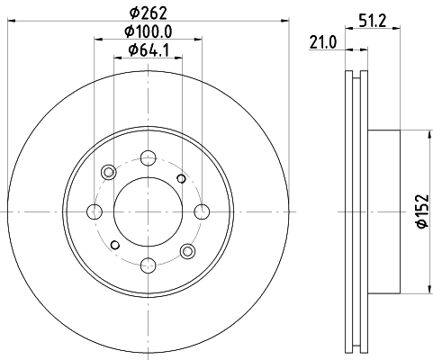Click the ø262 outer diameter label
(146, 13)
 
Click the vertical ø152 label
(419, 211)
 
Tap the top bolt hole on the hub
(146, 159)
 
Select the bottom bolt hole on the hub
(146, 265)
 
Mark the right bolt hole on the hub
(198, 212)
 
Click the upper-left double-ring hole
(109, 172)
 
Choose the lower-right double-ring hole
(187, 251)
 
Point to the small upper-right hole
(182, 179)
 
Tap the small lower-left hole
(113, 245)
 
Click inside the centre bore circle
(146, 212)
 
